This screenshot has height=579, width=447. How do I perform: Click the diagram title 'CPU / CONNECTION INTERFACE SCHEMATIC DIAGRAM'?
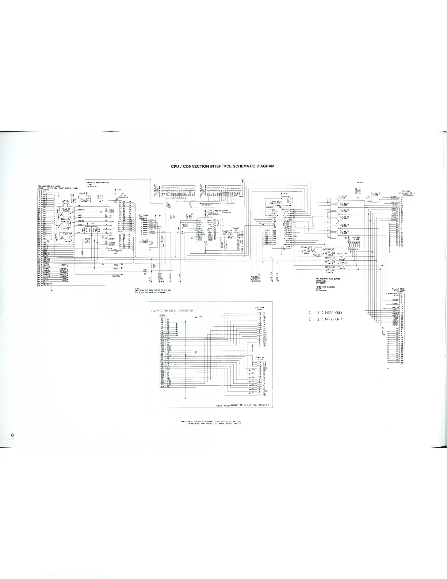tap(223, 166)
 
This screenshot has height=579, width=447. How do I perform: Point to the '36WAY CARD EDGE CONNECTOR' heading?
tap(172, 310)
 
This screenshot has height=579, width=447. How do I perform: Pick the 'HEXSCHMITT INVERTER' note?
tap(326, 287)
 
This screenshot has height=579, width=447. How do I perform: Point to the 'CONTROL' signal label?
tap(116, 276)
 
